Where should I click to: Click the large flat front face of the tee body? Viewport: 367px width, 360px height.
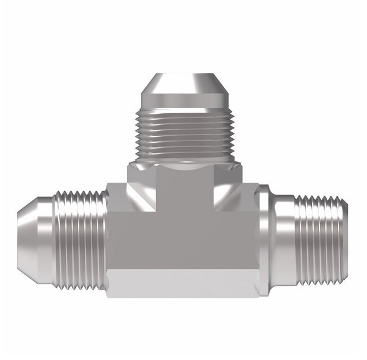click(184, 237)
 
